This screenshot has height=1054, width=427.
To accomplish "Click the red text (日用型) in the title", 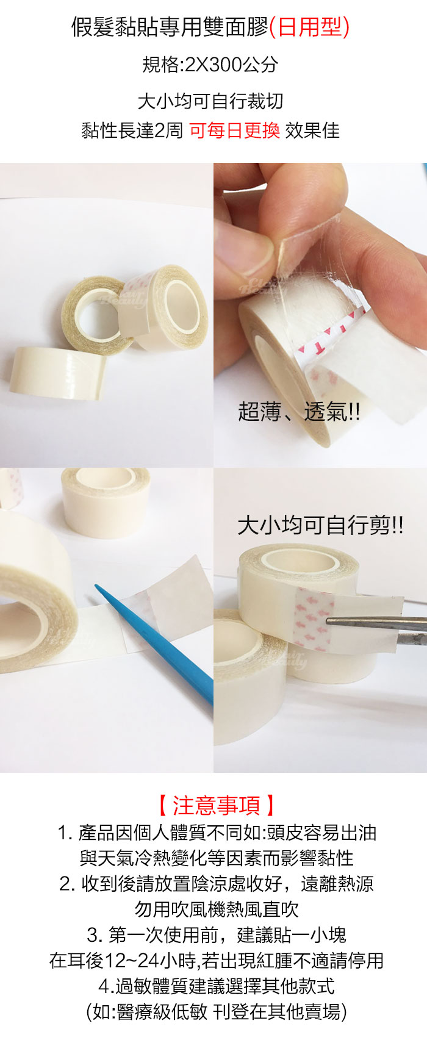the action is [309, 27].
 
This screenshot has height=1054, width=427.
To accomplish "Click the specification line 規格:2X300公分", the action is [210, 64].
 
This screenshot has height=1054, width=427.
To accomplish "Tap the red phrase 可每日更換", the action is [234, 130].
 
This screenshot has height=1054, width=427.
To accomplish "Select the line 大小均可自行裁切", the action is [210, 101].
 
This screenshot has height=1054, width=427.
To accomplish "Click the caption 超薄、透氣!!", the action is [299, 413].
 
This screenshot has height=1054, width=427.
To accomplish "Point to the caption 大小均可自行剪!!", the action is [320, 525].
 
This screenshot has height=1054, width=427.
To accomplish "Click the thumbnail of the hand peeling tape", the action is [320, 315].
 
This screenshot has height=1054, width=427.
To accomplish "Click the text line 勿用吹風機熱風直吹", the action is [217, 909].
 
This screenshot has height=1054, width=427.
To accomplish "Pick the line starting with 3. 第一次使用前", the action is [217, 935].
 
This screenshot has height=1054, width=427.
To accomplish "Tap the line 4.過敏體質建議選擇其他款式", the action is [217, 986].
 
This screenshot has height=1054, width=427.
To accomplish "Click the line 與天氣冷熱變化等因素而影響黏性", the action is [217, 858].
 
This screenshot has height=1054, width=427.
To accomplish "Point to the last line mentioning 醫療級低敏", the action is [217, 1013].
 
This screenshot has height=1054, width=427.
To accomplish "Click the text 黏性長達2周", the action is [132, 130].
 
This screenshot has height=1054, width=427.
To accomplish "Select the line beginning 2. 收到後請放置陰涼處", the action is [217, 884].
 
